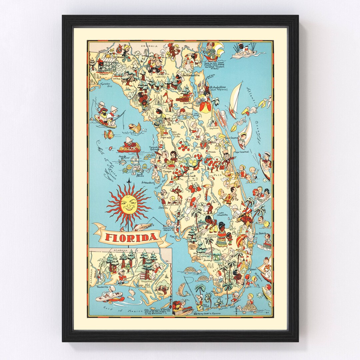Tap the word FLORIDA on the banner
[132, 237]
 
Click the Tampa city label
[167, 171]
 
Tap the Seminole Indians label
[212, 235]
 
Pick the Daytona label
[214, 128]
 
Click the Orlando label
[212, 151]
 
